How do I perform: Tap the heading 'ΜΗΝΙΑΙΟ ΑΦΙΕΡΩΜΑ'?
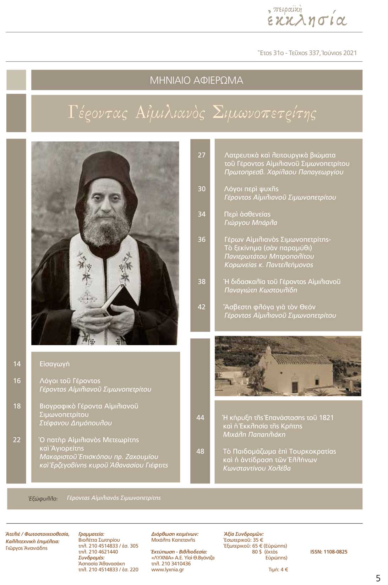[196, 80]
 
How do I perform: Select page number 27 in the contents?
[202, 155]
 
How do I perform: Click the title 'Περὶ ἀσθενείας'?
[247, 214]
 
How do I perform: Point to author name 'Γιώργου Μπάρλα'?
[251, 223]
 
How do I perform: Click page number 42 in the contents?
[202, 307]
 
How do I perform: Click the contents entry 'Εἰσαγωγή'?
[55, 364]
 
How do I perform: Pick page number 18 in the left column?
[17, 406]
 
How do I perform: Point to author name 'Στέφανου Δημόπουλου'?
[76, 423]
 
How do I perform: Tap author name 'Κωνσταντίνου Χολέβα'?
[257, 469]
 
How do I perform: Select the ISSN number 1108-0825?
[329, 552]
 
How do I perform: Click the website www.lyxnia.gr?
[168, 570]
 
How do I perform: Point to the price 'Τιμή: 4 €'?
[278, 570]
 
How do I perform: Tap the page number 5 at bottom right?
[378, 578]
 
